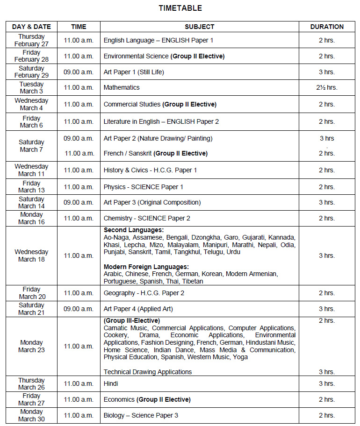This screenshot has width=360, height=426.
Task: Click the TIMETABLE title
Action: pos(180,8)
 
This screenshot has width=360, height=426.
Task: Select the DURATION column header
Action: pos(327,27)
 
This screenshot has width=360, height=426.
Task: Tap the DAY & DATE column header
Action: pos(31,27)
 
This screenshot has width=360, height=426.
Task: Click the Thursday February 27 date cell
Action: pos(31,40)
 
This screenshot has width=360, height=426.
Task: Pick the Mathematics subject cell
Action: pos(122,87)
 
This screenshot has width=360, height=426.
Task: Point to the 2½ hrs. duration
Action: pos(327,87)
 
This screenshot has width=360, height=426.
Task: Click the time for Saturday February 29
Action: pos(79,72)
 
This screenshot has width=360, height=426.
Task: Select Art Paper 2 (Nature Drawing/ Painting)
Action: pos(158,138)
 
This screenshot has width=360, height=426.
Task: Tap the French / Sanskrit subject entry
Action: pos(155,153)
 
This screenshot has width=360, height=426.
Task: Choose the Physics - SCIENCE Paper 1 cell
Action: pos(144,187)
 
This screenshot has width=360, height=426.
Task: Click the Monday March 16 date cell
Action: pos(31,218)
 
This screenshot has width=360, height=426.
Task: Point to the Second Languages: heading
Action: pos(134,230)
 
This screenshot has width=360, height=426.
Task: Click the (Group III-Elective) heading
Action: pos(132,320)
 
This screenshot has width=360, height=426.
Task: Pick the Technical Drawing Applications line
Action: pos(148,372)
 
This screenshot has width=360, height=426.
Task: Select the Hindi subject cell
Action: pos(111,383)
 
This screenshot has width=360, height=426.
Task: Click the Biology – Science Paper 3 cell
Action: pos(141,415)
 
